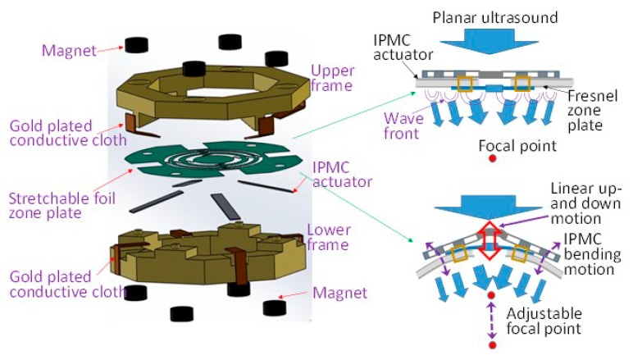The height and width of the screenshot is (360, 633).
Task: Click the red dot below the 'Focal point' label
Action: pyautogui.click(x=491, y=158)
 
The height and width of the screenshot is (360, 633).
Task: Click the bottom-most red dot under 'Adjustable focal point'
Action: pyautogui.click(x=491, y=345)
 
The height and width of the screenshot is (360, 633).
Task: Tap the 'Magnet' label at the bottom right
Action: pyautogui.click(x=336, y=293)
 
